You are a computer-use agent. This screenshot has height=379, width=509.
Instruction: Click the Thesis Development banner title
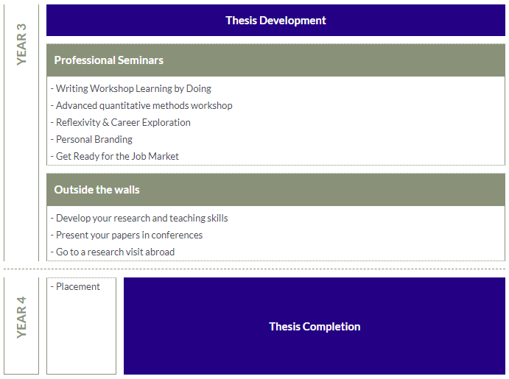pos(275,21)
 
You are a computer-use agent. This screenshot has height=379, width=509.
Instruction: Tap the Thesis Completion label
pos(315,327)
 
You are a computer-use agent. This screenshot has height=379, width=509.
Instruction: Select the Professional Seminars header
pos(109,60)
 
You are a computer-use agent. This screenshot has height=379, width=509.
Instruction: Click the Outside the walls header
pos(96,190)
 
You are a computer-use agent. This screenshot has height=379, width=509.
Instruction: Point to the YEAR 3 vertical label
pos(21,44)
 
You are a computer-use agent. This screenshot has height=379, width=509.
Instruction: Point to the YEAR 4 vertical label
pos(21,317)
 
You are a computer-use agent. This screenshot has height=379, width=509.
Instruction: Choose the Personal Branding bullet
pos(94,139)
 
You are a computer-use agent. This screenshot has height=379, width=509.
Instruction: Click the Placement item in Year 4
pos(77,286)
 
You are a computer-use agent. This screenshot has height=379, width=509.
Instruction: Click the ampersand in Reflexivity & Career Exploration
pos(105,122)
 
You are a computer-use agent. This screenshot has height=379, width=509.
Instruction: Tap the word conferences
pos(177,235)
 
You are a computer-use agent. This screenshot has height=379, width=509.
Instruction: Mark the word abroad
pos(160,252)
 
